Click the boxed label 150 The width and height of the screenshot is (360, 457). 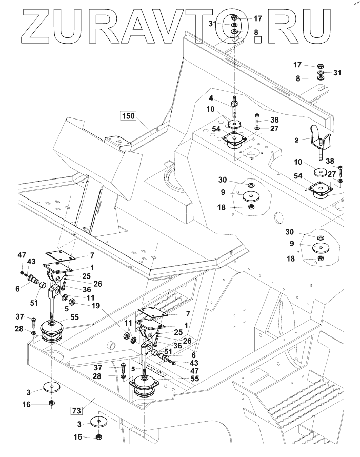click(128, 116)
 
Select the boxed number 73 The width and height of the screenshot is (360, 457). click(76, 411)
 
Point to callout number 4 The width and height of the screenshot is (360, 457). click(211, 97)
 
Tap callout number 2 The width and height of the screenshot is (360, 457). click(296, 140)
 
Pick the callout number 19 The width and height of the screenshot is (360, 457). click(95, 306)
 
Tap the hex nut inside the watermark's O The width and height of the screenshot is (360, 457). click(234, 18)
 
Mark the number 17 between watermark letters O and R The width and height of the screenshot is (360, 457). click(257, 18)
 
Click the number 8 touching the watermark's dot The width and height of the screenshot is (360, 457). click(256, 32)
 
